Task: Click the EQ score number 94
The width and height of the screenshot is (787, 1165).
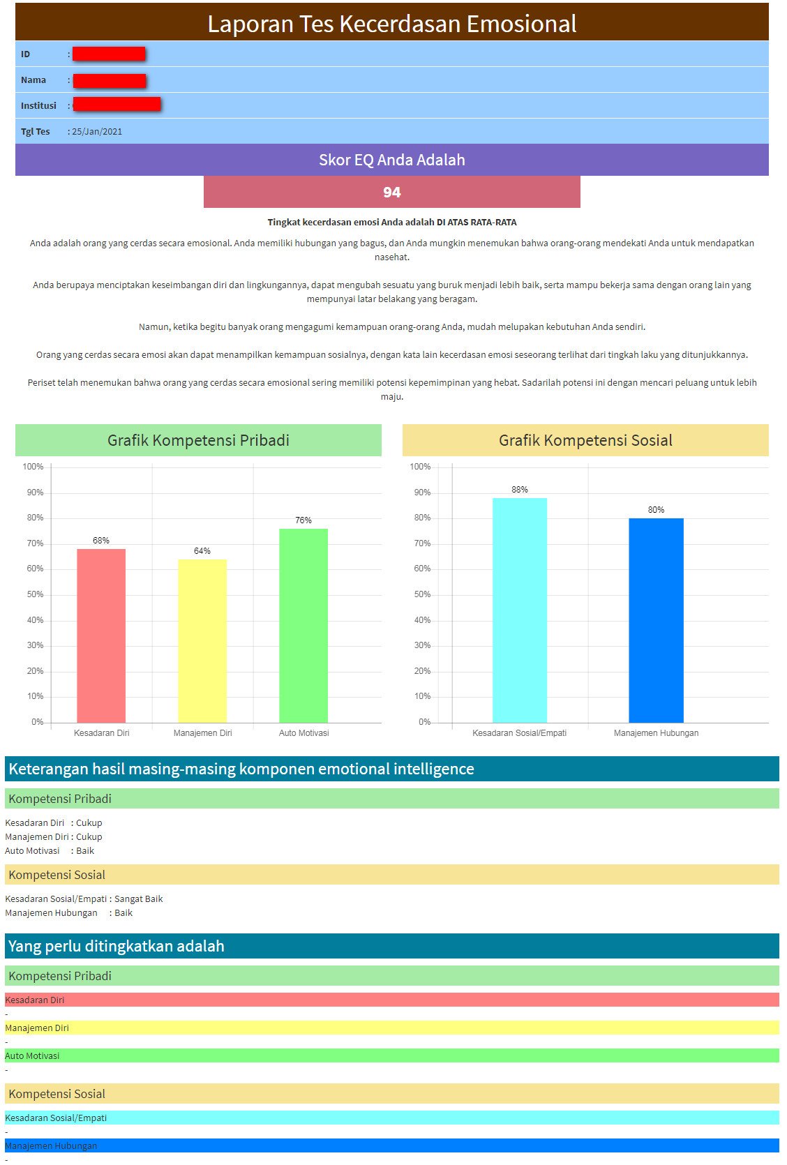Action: [x=391, y=193]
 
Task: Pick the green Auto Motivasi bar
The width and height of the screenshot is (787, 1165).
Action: [x=303, y=625]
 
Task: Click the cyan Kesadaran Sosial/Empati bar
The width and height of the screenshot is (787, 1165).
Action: [x=520, y=610]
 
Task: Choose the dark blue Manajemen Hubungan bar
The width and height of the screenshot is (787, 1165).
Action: [x=656, y=620]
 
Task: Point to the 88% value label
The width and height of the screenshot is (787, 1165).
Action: [x=520, y=490]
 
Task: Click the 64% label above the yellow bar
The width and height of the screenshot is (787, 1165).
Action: [x=202, y=551]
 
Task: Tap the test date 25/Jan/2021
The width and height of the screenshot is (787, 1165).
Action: [x=97, y=132]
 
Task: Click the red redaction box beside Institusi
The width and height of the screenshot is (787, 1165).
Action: [x=117, y=105]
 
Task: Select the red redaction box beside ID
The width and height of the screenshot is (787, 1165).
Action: [x=109, y=54]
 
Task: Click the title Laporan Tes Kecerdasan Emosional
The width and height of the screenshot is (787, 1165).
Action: [x=392, y=24]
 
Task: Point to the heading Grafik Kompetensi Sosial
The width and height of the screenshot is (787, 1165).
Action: [x=585, y=440]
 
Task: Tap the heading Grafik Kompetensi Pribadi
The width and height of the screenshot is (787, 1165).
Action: [x=198, y=440]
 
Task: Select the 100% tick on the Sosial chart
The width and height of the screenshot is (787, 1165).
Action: [x=420, y=467]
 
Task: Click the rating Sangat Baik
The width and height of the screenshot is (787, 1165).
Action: [x=138, y=899]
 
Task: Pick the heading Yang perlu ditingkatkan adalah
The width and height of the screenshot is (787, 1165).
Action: [x=117, y=947]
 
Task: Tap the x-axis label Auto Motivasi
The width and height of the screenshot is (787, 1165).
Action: [x=303, y=733]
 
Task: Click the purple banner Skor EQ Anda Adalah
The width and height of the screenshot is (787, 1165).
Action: [x=392, y=160]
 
